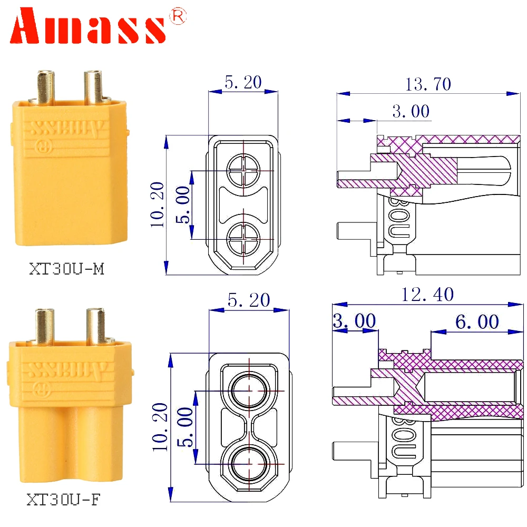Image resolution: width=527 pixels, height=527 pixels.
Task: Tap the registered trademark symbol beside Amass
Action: point(177,18)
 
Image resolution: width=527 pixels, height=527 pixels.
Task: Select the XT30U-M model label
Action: point(66,269)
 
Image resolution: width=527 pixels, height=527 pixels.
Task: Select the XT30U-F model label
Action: point(65,499)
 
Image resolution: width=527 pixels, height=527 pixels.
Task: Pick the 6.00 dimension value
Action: point(476,321)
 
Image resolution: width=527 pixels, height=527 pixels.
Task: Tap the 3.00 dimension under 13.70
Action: point(411,111)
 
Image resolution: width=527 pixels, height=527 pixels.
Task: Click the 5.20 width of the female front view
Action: point(248,300)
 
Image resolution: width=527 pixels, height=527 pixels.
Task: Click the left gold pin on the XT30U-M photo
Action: point(45,86)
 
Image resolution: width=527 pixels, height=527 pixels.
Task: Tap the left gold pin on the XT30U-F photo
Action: point(45,325)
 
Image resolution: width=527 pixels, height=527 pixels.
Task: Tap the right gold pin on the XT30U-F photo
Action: point(96,325)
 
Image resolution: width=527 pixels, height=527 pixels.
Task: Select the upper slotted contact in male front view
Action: point(243,171)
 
